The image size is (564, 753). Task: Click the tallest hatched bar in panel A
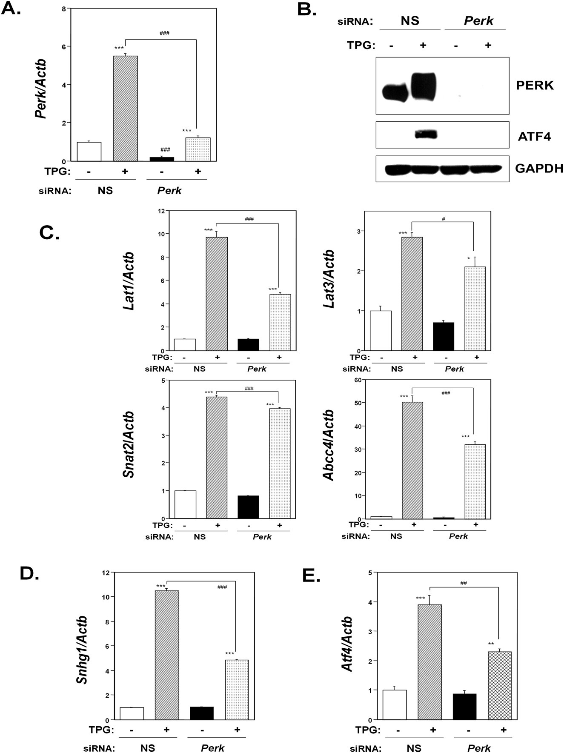[126, 109]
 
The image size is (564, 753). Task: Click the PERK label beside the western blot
[535, 85]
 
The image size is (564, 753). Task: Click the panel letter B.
[306, 9]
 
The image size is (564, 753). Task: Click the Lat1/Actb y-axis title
[129, 281]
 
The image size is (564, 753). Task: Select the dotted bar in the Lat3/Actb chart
[475, 309]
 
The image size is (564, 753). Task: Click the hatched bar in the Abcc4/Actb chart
[412, 460]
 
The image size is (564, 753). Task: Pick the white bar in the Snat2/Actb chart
[185, 504]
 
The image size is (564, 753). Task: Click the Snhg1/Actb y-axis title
[82, 650]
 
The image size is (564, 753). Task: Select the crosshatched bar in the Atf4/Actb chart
[499, 685]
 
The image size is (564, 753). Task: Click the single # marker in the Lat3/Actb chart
[443, 219]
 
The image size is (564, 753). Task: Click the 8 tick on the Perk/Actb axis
[63, 9]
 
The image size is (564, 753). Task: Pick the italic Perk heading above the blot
[478, 21]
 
